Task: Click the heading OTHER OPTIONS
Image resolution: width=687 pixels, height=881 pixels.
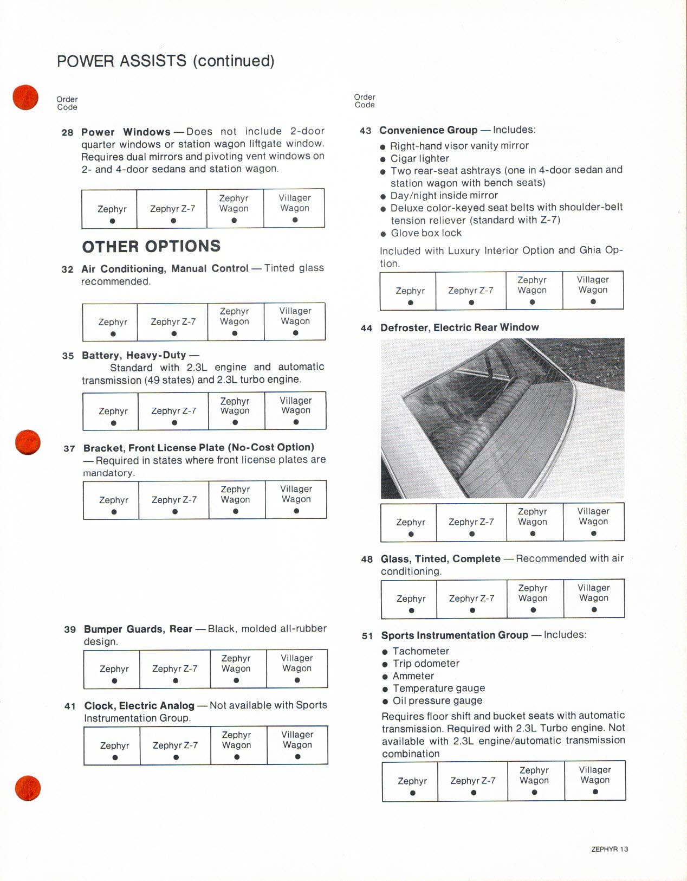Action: [x=151, y=247]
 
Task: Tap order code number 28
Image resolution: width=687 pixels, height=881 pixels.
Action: [x=67, y=132]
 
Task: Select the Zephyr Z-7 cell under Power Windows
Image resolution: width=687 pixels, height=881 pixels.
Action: [x=172, y=209]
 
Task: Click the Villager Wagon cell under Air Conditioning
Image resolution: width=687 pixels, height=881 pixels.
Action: [x=295, y=321]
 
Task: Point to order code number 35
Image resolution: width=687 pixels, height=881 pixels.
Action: [x=68, y=356]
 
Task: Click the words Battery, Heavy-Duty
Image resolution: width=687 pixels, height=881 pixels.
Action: [x=134, y=355]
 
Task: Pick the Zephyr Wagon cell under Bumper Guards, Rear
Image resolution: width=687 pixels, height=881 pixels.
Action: [x=236, y=668]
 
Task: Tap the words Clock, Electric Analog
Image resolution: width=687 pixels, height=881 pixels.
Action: [x=139, y=705]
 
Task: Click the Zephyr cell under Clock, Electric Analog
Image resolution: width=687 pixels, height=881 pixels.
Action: [x=114, y=745]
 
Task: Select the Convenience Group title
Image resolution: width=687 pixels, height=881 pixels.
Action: [x=428, y=130]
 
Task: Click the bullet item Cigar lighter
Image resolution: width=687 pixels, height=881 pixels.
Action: [x=419, y=158]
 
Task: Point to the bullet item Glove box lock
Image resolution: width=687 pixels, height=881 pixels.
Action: [x=426, y=233]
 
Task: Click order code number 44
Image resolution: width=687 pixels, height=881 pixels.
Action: [x=366, y=328]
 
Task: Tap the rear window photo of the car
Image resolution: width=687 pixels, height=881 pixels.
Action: [x=502, y=418]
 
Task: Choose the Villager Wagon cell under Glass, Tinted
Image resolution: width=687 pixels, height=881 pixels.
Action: [x=594, y=598]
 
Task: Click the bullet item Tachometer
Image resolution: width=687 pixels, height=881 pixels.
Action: [x=420, y=651]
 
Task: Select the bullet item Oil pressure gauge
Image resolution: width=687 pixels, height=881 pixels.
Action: [x=437, y=700]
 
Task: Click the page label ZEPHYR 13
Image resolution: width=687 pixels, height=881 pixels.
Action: [x=610, y=849]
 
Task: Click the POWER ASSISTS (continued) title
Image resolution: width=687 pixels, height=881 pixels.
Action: [x=165, y=61]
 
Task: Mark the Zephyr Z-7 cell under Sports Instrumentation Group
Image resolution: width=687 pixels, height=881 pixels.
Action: [x=472, y=781]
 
